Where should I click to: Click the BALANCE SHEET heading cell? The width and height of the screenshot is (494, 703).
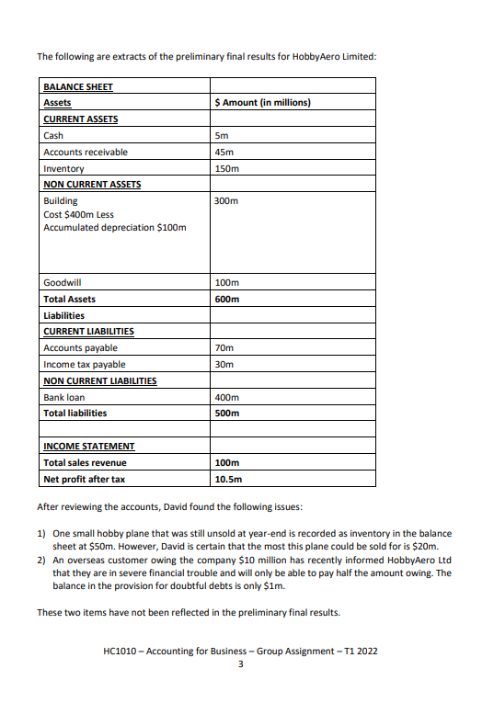pyautogui.click(x=78, y=86)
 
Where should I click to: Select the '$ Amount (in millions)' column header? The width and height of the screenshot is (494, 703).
pyautogui.click(x=262, y=103)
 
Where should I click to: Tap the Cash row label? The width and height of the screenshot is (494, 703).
pyautogui.click(x=53, y=135)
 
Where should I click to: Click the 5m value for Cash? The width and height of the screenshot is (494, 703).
pyautogui.click(x=221, y=135)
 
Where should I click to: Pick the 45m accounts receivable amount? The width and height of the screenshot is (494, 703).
pyautogui.click(x=224, y=152)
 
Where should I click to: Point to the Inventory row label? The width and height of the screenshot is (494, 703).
pyautogui.click(x=63, y=168)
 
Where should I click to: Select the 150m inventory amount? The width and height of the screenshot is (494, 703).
pyautogui.click(x=226, y=168)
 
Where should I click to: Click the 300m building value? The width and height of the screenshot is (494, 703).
pyautogui.click(x=226, y=200)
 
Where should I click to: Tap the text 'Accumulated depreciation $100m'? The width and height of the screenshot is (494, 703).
pyautogui.click(x=115, y=227)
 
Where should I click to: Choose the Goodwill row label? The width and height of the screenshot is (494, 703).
pyautogui.click(x=63, y=283)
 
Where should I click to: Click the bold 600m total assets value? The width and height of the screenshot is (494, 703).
pyautogui.click(x=226, y=300)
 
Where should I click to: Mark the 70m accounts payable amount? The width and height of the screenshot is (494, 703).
pyautogui.click(x=224, y=348)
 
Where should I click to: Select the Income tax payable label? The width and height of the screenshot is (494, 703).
pyautogui.click(x=85, y=365)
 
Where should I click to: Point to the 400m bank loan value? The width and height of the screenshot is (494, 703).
pyautogui.click(x=226, y=397)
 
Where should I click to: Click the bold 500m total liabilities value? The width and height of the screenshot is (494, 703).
pyautogui.click(x=226, y=414)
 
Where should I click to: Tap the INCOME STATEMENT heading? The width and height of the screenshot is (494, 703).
pyautogui.click(x=89, y=446)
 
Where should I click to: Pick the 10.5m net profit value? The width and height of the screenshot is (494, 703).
pyautogui.click(x=228, y=479)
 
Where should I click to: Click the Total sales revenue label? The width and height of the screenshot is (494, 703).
pyautogui.click(x=85, y=462)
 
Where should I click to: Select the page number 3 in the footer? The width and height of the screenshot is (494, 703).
pyautogui.click(x=240, y=664)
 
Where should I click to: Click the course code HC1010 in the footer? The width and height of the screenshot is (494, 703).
pyautogui.click(x=121, y=651)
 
